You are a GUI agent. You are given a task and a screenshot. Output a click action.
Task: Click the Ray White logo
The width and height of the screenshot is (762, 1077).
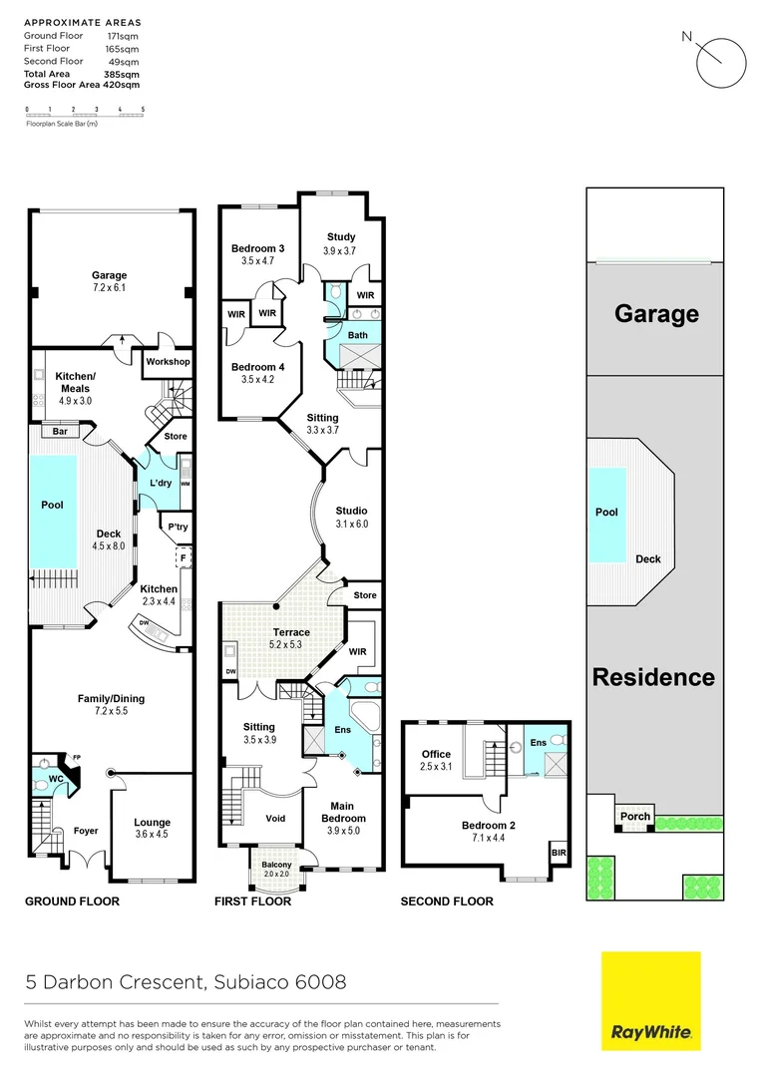(650, 1001)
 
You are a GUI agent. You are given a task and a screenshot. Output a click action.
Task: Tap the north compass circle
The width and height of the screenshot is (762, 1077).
(720, 65)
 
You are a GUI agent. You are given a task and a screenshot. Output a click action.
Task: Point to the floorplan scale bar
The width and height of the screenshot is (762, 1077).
(85, 115)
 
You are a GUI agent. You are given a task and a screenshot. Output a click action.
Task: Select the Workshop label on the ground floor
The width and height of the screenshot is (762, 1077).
(168, 362)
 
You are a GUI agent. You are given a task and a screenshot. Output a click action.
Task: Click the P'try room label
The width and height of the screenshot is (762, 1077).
(179, 527)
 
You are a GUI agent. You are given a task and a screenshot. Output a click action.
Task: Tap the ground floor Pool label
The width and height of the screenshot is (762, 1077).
(52, 506)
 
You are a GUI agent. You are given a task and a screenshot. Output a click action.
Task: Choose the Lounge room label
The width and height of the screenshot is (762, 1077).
(153, 823)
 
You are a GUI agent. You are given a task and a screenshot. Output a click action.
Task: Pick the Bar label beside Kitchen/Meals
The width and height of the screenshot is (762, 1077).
(60, 432)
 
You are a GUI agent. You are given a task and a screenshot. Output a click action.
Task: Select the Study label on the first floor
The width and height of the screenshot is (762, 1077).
(341, 236)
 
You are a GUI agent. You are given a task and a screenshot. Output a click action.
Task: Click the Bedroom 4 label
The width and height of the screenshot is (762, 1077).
(258, 367)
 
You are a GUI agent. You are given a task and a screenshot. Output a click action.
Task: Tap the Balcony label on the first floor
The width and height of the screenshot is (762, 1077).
(276, 865)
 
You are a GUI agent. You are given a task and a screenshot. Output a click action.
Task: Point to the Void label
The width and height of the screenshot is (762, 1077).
(276, 819)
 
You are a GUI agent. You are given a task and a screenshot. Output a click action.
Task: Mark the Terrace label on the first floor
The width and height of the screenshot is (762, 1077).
(292, 632)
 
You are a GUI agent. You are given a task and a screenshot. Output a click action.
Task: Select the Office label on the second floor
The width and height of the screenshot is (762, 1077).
(436, 754)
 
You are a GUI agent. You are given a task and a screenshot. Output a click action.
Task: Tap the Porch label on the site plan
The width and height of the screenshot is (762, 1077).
(635, 816)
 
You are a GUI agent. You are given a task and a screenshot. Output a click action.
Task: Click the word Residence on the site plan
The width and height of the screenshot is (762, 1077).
(654, 677)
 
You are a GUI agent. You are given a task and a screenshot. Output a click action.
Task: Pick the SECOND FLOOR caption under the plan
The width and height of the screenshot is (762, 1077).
(447, 901)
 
